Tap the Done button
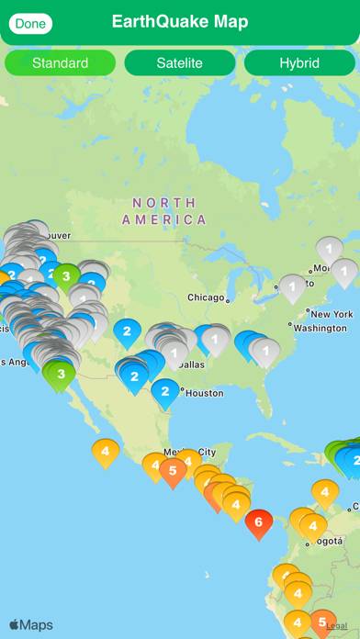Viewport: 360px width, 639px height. (x=30, y=23)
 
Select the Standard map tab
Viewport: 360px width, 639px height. (x=61, y=63)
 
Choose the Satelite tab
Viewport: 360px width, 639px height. (x=179, y=63)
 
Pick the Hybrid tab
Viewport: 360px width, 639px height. (x=298, y=63)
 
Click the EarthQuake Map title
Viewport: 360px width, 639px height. (x=180, y=22)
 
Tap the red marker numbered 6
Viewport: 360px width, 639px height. (x=259, y=521)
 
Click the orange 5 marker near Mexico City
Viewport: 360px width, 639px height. (x=173, y=470)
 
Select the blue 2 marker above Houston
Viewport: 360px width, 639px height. (x=165, y=391)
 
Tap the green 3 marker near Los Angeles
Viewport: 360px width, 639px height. (x=61, y=374)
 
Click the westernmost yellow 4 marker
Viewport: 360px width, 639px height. (x=106, y=451)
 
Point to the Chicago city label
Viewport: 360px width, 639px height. (x=206, y=297)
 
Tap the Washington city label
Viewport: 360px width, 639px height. (x=321, y=328)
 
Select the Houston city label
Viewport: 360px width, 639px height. (x=204, y=393)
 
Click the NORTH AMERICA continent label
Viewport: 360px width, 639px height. (x=164, y=211)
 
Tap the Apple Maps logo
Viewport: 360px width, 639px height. (x=31, y=625)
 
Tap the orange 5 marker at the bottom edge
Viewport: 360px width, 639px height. (x=321, y=622)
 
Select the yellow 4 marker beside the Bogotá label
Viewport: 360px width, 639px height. (x=313, y=526)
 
